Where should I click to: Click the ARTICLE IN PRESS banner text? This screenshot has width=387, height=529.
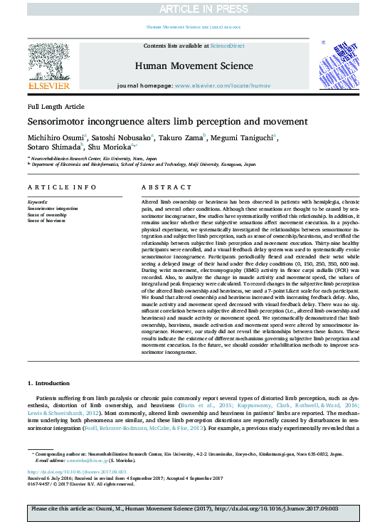click(x=193, y=9)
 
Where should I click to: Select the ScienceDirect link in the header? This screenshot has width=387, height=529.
click(x=227, y=46)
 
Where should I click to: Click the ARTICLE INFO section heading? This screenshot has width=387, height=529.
click(x=62, y=187)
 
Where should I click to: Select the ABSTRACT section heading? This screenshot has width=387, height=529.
click(x=168, y=187)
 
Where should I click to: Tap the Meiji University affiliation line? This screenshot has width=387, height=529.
click(x=142, y=163)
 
